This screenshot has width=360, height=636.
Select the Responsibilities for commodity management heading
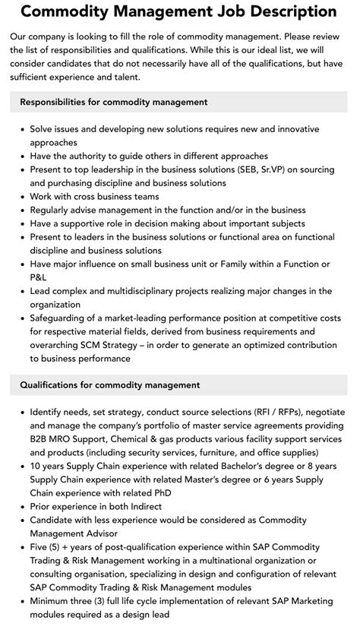click(114, 102)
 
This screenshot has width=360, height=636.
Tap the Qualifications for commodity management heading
click(110, 384)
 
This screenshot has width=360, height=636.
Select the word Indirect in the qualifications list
click(161, 506)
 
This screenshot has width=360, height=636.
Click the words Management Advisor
click(68, 533)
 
